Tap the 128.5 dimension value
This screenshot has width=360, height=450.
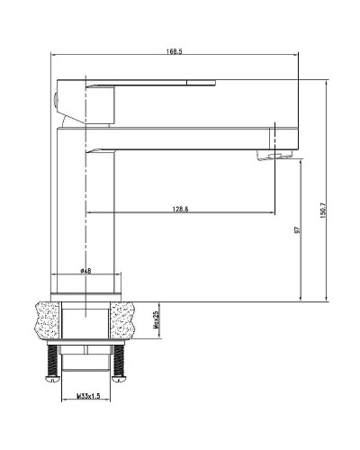(179, 209)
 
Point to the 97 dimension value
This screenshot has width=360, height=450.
(296, 229)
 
